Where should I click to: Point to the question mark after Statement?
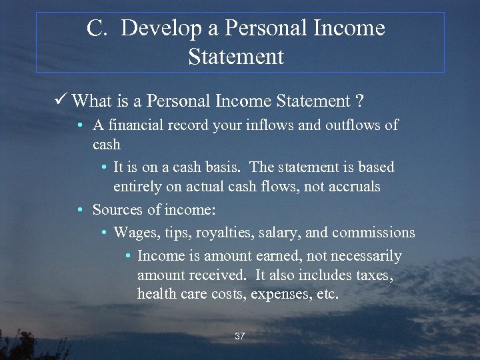[x=359, y=101]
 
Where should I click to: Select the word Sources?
[x=117, y=210]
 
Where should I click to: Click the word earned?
[x=283, y=256]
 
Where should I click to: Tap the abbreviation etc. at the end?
[x=325, y=294]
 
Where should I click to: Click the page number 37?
[x=240, y=337]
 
